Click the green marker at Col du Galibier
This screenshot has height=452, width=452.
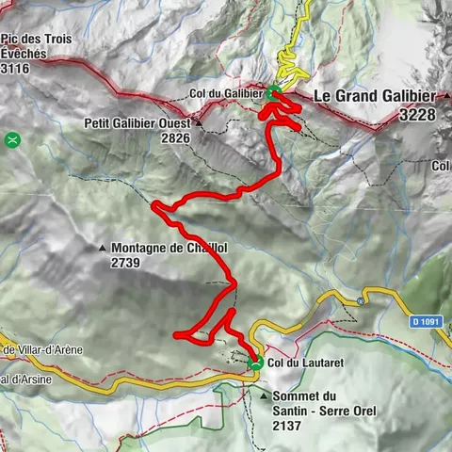pyautogui.click(x=273, y=92)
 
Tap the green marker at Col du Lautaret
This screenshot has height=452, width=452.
pyautogui.click(x=254, y=363)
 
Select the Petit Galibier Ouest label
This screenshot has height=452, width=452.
pyautogui.click(x=137, y=122)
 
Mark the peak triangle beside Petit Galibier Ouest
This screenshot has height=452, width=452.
pyautogui.click(x=200, y=122)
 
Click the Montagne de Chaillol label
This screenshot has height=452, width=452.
pyautogui.click(x=170, y=249)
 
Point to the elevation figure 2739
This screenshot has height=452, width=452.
pyautogui.click(x=125, y=264)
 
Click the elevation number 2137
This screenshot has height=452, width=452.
pyautogui.click(x=289, y=426)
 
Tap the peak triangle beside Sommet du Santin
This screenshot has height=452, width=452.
pyautogui.click(x=263, y=396)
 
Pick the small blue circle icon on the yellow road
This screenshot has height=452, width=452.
pyautogui.click(x=361, y=301)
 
